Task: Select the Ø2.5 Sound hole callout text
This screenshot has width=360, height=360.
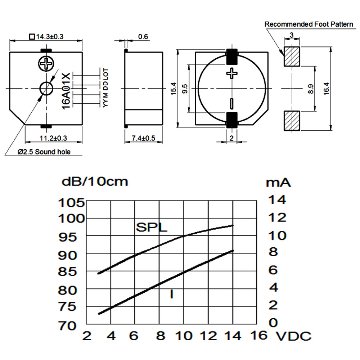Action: pyautogui.click(x=44, y=152)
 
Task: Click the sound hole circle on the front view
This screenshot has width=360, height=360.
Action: pyautogui.click(x=46, y=88)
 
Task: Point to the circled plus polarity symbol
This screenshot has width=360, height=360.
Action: pyautogui.click(x=46, y=64)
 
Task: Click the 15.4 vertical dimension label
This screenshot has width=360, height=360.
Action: pyautogui.click(x=174, y=88)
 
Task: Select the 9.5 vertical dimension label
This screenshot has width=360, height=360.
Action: pyautogui.click(x=185, y=89)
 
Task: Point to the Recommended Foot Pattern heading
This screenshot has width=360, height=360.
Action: pyautogui.click(x=309, y=24)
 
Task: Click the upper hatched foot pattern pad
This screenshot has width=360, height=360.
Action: pyautogui.click(x=292, y=57)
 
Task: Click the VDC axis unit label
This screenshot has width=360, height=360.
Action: pyautogui.click(x=293, y=337)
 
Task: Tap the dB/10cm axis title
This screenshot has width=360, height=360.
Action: pyautogui.click(x=95, y=181)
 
